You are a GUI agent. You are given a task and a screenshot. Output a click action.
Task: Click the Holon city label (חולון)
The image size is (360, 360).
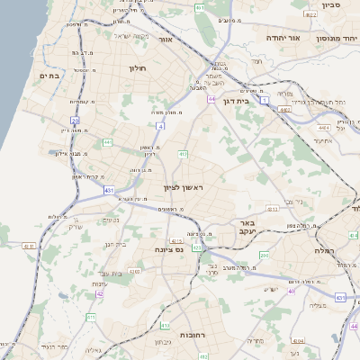[x=138, y=68]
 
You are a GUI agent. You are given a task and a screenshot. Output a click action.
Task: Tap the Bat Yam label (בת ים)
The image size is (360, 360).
[x=49, y=76]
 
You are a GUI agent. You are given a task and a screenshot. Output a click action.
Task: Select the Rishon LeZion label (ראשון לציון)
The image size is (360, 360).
[x=184, y=187]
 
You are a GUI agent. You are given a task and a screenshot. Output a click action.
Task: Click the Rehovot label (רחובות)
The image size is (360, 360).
[x=194, y=334]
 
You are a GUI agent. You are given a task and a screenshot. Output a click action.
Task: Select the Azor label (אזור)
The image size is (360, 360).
[x=165, y=40]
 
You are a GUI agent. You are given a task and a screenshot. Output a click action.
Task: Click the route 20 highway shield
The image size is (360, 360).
[x=76, y=120]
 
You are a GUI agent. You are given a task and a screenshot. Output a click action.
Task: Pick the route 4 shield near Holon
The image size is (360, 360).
[x=160, y=127]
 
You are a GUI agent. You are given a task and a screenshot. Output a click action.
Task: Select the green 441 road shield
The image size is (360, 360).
[x=107, y=142]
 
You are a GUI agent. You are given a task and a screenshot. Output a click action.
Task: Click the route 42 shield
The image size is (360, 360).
[x=100, y=293]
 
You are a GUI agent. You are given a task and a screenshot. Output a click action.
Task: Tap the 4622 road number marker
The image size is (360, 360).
[x=310, y=15]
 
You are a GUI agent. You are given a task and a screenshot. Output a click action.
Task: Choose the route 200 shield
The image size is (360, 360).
[x=264, y=256]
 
